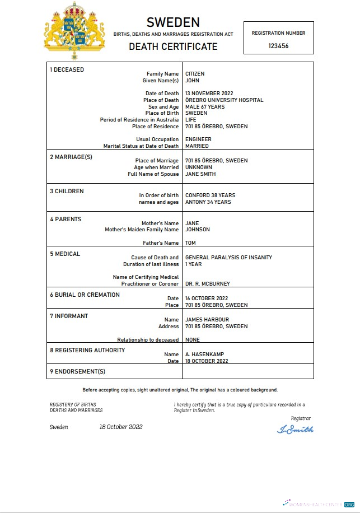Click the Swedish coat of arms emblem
(x=76, y=31)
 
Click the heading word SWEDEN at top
(x=173, y=22)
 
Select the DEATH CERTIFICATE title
(x=173, y=46)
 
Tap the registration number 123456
(x=278, y=46)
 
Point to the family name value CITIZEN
(x=195, y=74)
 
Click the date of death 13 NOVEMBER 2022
(x=209, y=94)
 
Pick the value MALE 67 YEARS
(x=204, y=107)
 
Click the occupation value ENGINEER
(x=198, y=139)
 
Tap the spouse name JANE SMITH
(x=200, y=174)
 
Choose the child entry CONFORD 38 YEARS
(x=210, y=195)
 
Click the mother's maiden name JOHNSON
(x=198, y=230)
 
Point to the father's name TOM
(x=190, y=243)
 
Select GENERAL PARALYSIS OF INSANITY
(x=228, y=258)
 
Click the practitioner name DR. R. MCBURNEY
(x=207, y=284)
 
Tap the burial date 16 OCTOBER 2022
(x=207, y=299)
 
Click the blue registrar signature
(x=295, y=430)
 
